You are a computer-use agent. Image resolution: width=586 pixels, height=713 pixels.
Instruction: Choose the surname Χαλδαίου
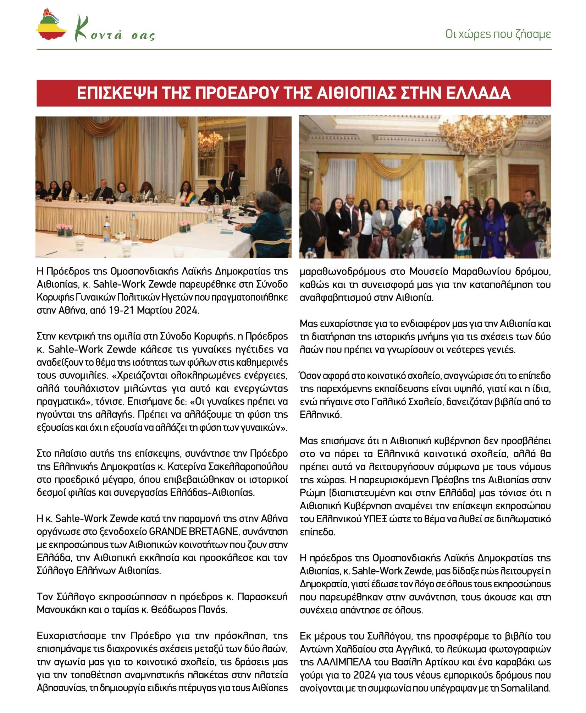click(x=355, y=649)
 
